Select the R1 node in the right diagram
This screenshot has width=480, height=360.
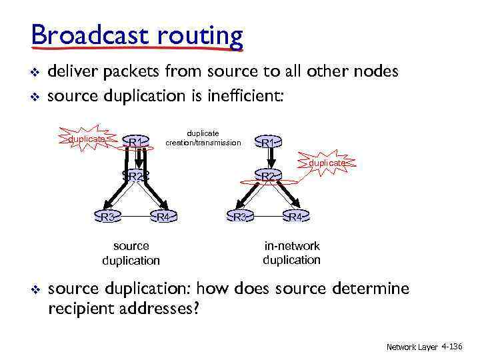(269, 143)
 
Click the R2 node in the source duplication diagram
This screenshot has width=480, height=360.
(137, 176)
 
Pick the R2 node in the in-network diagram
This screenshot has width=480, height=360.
(269, 176)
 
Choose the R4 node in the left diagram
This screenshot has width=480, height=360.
(163, 217)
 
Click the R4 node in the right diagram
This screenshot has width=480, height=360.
(296, 217)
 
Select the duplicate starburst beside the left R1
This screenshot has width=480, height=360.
(87, 139)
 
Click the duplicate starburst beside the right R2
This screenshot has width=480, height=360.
(327, 163)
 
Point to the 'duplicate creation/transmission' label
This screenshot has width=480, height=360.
(203, 138)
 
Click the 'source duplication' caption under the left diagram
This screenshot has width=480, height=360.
(131, 253)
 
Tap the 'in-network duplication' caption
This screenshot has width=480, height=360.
(291, 253)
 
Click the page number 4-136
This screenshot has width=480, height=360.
(451, 347)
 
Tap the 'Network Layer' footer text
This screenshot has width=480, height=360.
(411, 347)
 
